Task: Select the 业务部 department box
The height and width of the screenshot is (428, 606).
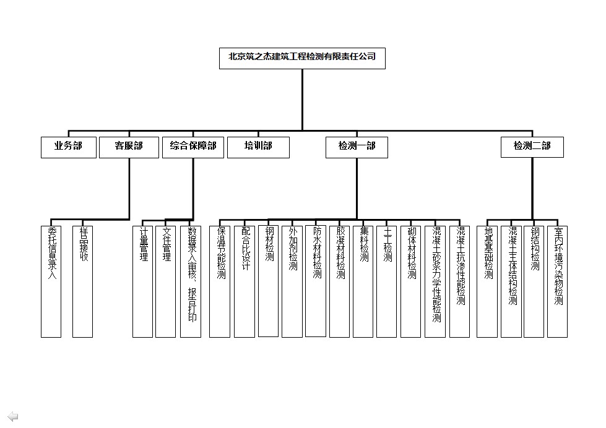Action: tap(68, 147)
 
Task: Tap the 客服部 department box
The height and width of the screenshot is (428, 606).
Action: tap(129, 147)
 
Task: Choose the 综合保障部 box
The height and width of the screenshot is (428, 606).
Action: tap(193, 147)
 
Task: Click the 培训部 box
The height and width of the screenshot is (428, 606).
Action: tap(258, 147)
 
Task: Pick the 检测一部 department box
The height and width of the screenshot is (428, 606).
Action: tap(357, 147)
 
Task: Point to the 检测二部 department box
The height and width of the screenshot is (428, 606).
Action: tap(532, 147)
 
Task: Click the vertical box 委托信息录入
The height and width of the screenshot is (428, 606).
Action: tap(51, 281)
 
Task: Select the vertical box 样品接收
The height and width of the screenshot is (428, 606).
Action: tap(82, 281)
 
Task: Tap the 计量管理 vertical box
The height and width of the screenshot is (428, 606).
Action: tap(143, 281)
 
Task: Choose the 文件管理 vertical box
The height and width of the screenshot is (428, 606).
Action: tap(166, 281)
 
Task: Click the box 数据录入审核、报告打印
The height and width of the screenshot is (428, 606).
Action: tap(191, 281)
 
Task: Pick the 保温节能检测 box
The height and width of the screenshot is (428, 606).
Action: tap(220, 281)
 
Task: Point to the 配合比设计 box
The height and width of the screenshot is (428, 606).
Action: tap(245, 281)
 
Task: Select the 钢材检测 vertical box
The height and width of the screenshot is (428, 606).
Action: tap(269, 281)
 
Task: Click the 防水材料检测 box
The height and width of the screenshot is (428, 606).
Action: tap(316, 281)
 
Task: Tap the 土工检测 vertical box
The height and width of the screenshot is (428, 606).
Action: tap(387, 281)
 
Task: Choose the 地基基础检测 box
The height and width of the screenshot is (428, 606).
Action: tap(487, 281)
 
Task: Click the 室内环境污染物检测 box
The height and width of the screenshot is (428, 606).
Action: tap(558, 281)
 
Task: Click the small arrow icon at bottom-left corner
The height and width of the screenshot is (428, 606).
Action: tap(12, 416)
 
